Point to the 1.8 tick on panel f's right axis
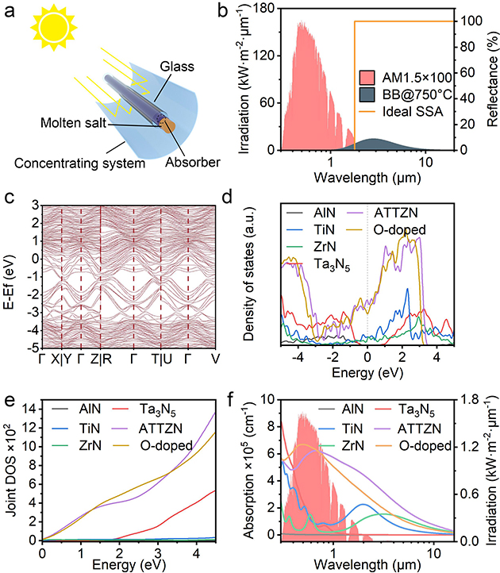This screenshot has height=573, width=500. (x=469, y=398)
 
